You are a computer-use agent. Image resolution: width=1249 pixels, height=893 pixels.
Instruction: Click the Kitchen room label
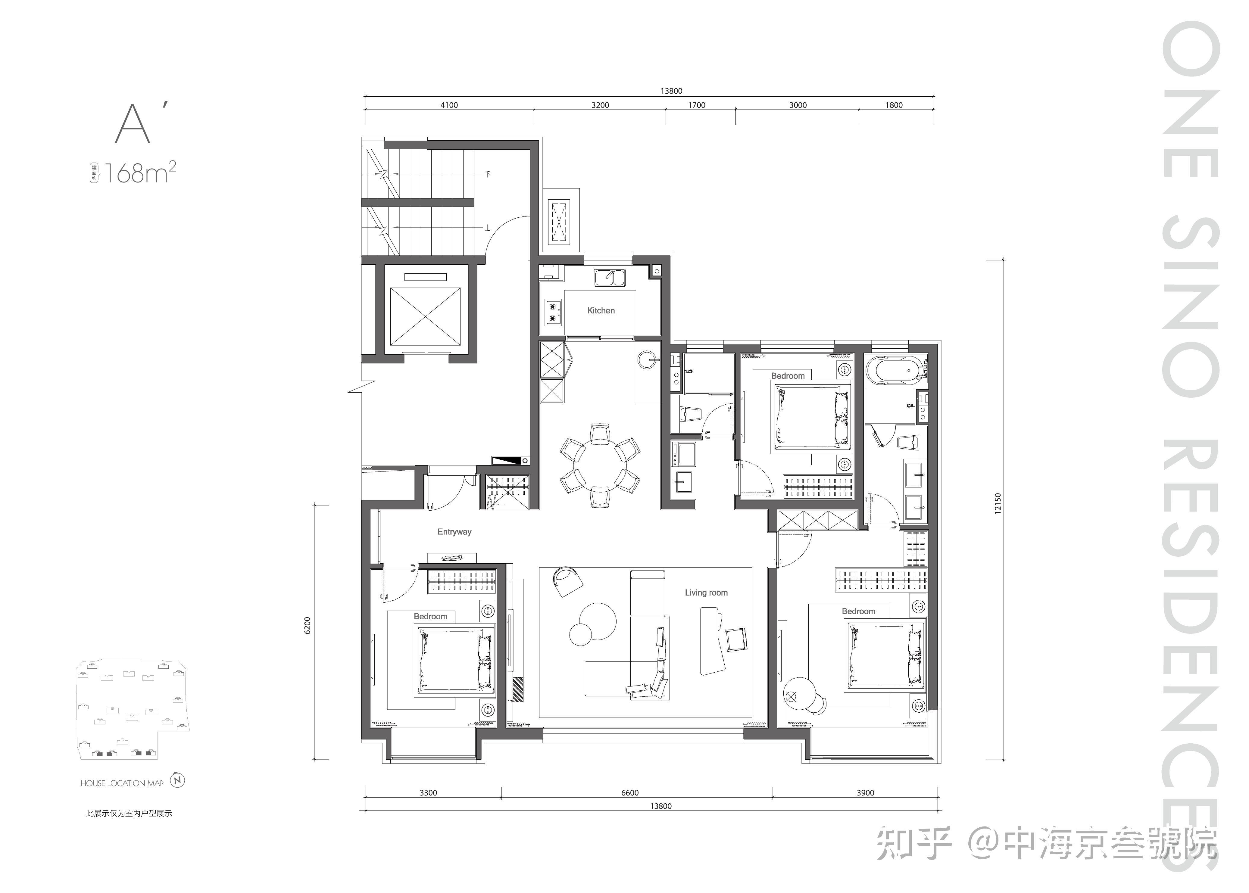(x=601, y=311)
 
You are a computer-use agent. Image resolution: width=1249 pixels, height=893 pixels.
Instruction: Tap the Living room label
(x=706, y=593)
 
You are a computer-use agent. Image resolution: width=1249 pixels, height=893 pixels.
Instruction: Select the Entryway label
(x=454, y=532)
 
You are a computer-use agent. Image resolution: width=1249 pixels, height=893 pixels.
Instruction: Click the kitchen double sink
(x=609, y=277)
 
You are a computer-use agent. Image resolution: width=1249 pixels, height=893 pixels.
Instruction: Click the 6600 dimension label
(x=630, y=792)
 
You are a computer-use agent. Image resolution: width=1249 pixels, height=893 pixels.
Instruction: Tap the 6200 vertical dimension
(x=307, y=626)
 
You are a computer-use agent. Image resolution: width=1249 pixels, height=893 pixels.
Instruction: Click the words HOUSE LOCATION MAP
(x=122, y=783)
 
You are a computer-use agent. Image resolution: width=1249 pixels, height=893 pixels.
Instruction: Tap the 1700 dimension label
(x=696, y=105)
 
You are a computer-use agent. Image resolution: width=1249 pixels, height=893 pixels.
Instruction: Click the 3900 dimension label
(x=865, y=792)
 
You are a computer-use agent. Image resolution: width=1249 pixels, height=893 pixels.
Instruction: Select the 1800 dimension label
(x=894, y=105)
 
